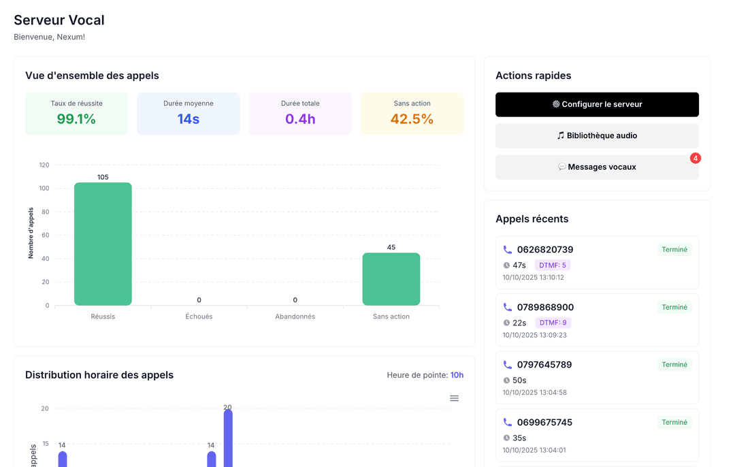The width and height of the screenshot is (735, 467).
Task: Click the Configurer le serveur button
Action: [x=597, y=104]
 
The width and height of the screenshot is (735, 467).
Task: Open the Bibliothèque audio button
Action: [x=597, y=135]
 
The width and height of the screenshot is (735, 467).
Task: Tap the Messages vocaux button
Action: [x=597, y=167]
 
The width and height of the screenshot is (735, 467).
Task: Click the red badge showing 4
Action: [x=695, y=158]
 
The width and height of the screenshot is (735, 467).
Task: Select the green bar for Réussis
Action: [x=103, y=244]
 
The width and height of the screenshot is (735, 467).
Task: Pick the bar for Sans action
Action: [x=391, y=279]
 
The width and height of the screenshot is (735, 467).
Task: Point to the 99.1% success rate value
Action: [x=76, y=119]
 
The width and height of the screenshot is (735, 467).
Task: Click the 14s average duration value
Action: [x=189, y=119]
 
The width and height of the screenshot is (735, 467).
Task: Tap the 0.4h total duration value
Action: [x=300, y=119]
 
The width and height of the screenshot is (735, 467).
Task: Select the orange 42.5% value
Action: [x=412, y=119]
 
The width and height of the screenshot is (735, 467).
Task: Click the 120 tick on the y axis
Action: [x=44, y=165]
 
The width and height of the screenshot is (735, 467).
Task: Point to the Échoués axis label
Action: [x=199, y=317]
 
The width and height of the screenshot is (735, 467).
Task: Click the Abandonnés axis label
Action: [x=295, y=317]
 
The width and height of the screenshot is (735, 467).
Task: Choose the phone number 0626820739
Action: [x=545, y=250]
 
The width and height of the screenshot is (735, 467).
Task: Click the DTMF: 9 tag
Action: [x=553, y=323]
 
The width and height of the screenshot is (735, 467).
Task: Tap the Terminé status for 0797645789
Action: [x=674, y=365]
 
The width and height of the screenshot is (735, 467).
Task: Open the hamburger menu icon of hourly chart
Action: [x=454, y=398]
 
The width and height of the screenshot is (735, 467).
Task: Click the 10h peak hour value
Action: [x=457, y=375]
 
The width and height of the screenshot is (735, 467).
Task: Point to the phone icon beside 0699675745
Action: [x=508, y=422]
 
